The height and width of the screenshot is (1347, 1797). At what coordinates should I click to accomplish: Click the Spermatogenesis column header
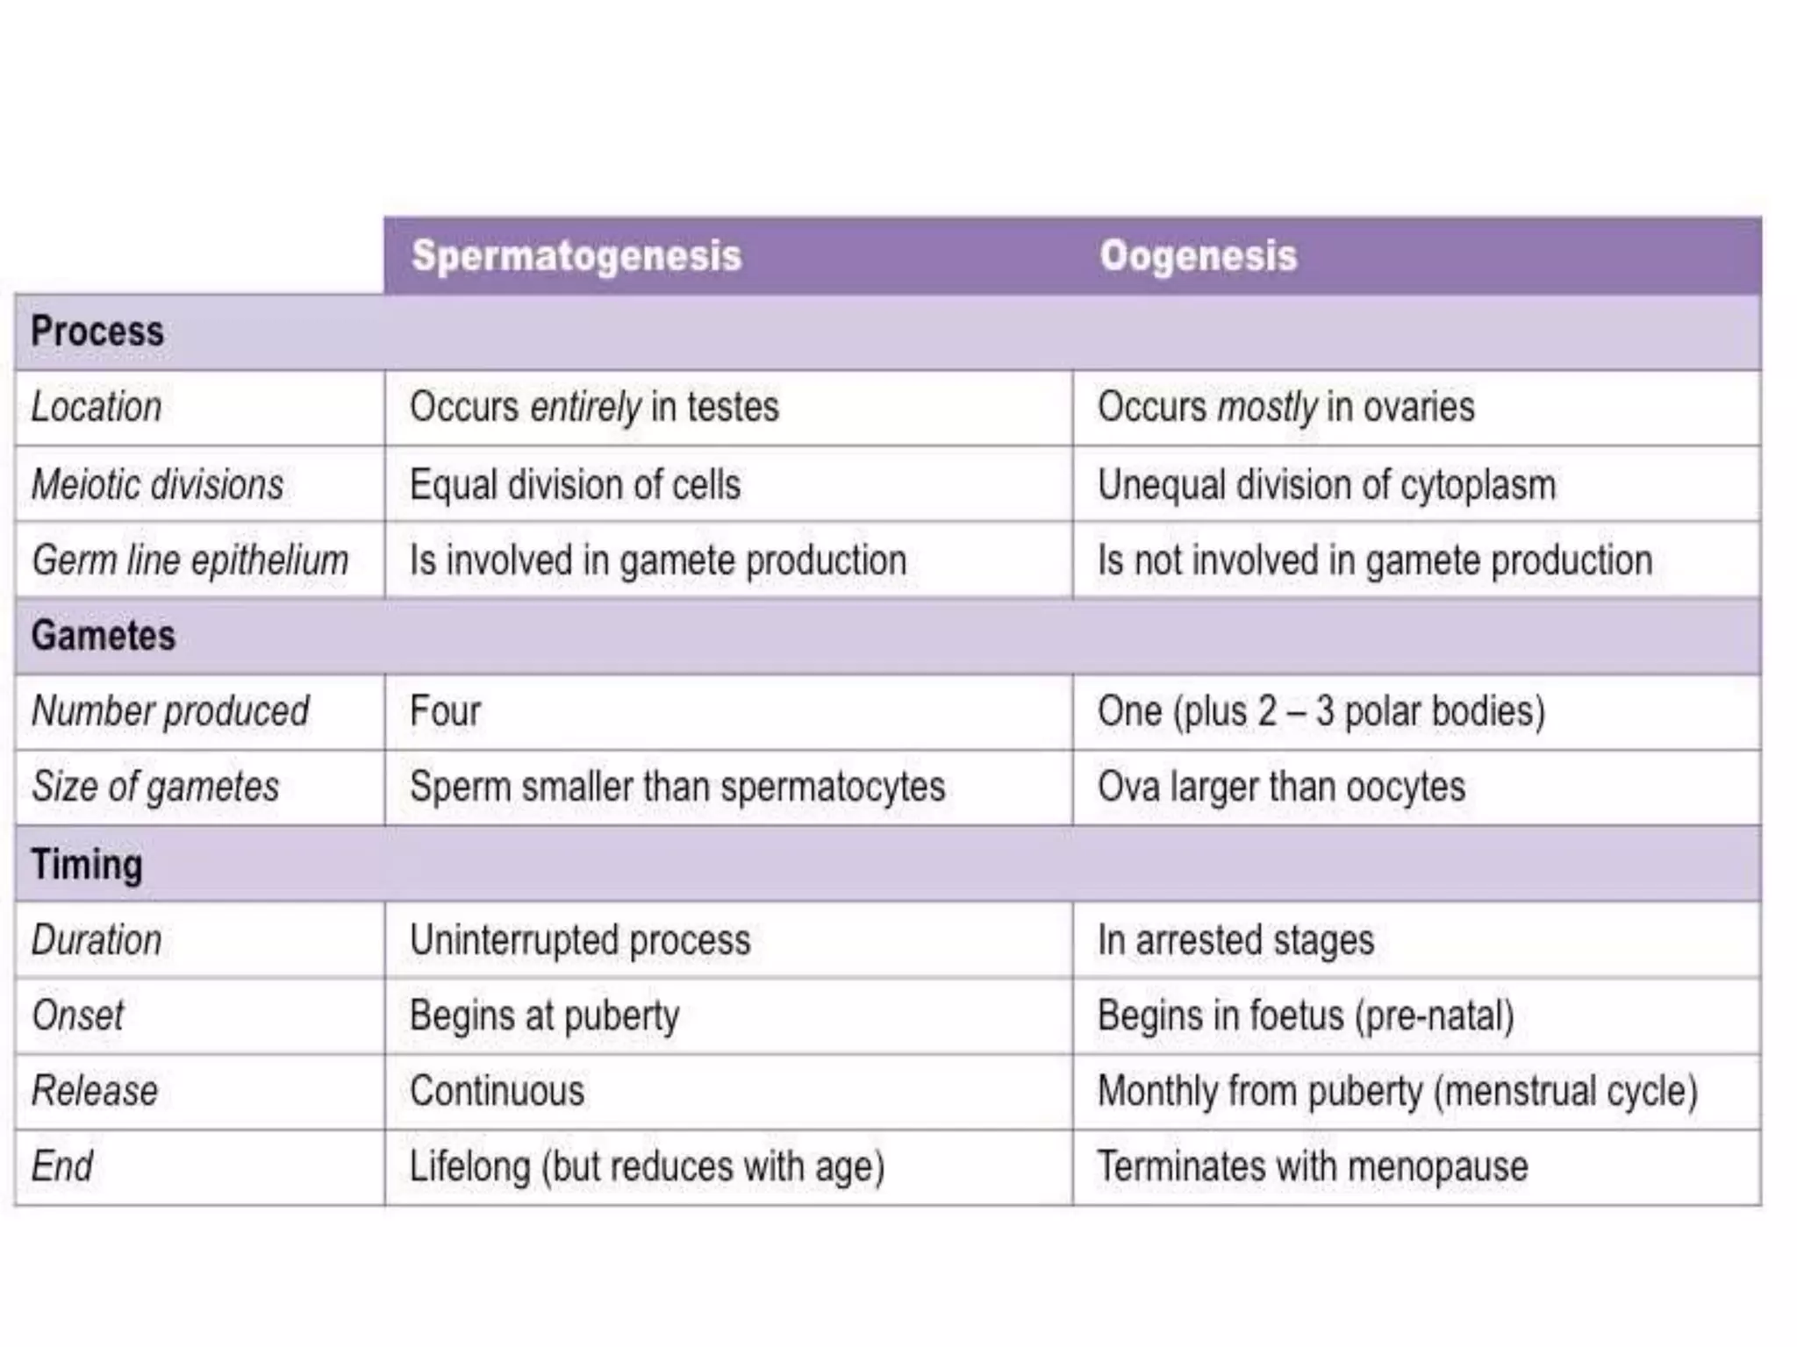(576, 256)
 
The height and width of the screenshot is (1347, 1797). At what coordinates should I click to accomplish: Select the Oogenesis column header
(1198, 256)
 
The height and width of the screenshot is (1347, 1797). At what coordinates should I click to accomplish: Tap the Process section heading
(97, 331)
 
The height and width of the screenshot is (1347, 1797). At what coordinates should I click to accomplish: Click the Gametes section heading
(104, 636)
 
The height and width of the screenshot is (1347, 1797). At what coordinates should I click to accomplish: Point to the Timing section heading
(87, 865)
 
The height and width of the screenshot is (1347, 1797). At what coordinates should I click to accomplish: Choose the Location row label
(97, 407)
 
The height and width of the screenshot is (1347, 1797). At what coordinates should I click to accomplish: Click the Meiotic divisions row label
(158, 484)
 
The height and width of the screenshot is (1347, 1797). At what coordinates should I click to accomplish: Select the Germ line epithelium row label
(190, 560)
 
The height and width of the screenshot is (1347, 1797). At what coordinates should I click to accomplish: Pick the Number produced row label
(170, 711)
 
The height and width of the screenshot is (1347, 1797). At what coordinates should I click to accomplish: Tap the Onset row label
(77, 1016)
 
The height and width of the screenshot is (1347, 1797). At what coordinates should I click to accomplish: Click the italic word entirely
(585, 407)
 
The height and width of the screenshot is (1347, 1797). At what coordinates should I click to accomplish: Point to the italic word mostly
(1268, 407)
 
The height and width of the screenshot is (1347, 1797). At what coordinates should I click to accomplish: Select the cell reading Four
(445, 711)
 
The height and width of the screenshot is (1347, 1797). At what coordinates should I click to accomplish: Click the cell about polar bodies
(1321, 711)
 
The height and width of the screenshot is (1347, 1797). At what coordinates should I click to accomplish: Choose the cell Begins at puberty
(544, 1016)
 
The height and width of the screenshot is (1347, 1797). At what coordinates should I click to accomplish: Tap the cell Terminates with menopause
(1313, 1167)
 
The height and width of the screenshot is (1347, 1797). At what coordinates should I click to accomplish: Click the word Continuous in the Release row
(497, 1092)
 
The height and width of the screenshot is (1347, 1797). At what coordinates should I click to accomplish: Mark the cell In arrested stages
(1235, 940)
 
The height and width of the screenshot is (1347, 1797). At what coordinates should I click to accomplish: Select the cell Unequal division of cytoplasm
(1326, 484)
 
